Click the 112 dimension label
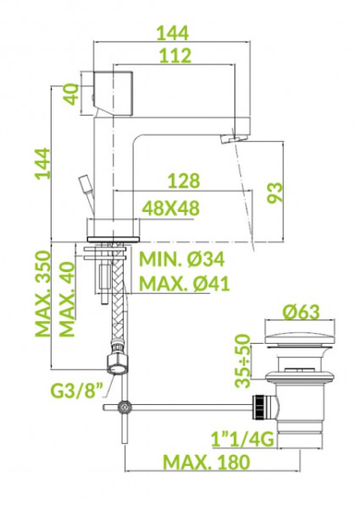175,56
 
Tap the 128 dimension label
184,181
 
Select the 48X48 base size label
171,208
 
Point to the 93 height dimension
275,193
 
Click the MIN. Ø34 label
182,259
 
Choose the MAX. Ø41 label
185,283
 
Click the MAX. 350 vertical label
43,294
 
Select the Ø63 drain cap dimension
302,312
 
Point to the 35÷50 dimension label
242,360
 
